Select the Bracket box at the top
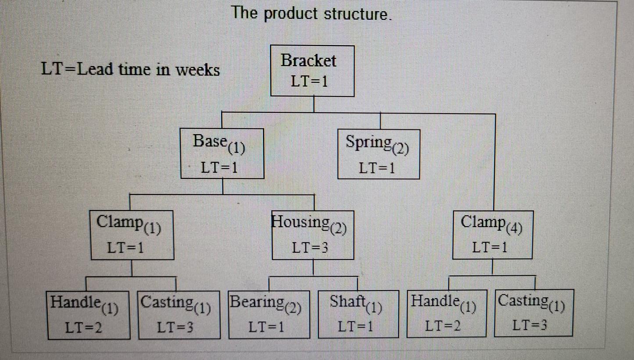click(312, 70)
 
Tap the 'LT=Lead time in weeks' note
click(130, 69)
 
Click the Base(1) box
click(222, 153)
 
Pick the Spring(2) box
click(378, 154)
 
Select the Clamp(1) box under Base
click(132, 235)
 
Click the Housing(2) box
click(313, 235)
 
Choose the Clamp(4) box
click(492, 235)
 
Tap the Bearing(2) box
click(268, 314)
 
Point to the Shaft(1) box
click(358, 314)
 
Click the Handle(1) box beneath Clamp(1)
click(89, 314)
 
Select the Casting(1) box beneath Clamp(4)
click(533, 313)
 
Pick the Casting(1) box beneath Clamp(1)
click(178, 314)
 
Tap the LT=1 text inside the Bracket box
click(309, 81)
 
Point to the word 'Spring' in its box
click(369, 142)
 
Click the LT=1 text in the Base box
click(219, 168)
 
